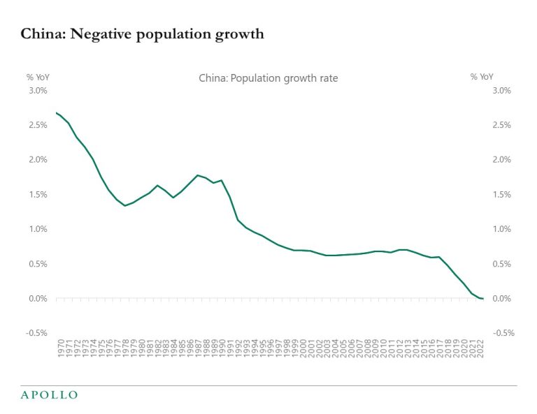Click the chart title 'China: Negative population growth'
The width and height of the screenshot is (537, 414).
[143, 34]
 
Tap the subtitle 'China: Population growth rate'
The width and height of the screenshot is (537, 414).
[268, 78]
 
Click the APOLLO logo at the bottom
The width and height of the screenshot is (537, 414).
[48, 395]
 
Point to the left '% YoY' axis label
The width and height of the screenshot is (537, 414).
[38, 77]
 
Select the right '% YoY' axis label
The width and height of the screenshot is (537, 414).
[482, 77]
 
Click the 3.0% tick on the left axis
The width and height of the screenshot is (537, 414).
[37, 91]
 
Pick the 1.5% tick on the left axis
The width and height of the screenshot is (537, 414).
[37, 195]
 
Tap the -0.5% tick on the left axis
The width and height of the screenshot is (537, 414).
[36, 333]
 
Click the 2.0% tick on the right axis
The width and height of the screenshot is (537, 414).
[502, 160]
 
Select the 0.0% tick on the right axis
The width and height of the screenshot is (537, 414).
[502, 299]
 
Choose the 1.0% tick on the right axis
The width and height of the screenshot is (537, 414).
[502, 229]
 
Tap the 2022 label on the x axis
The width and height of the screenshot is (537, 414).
[482, 348]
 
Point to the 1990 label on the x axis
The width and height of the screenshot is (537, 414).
[222, 348]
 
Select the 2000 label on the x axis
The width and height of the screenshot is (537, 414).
[303, 348]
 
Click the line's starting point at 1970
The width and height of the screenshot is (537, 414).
[56, 112]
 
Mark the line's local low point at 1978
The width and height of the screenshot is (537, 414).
[124, 205]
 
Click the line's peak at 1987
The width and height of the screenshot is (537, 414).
[198, 175]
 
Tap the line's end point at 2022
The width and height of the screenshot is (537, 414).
[482, 299]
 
